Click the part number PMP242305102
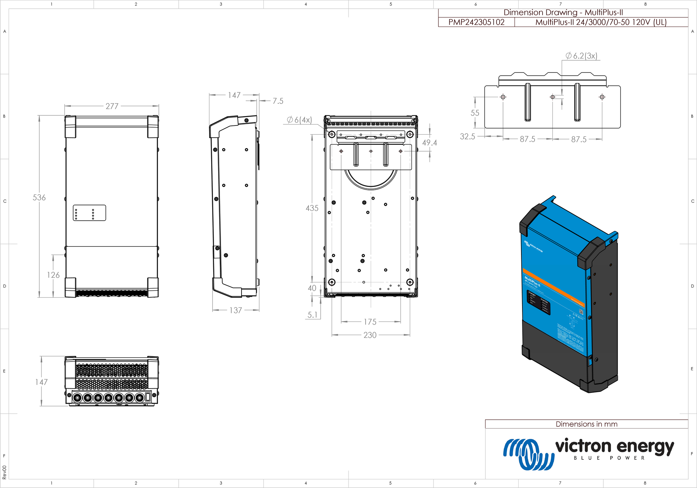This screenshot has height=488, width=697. click(x=476, y=22)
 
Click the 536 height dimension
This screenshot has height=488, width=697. click(x=39, y=198)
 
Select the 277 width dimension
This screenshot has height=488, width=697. click(x=112, y=106)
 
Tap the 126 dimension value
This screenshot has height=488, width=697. click(x=53, y=275)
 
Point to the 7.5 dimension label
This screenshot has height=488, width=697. click(x=278, y=101)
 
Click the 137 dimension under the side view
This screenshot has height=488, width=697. click(x=236, y=310)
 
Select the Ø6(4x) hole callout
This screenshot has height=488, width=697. click(x=299, y=120)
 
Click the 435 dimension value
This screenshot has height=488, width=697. click(x=312, y=208)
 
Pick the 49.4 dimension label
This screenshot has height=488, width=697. click(x=429, y=143)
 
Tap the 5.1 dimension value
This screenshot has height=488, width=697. click(x=312, y=315)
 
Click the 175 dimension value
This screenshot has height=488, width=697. click(x=370, y=322)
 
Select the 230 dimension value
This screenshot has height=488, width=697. click(x=370, y=335)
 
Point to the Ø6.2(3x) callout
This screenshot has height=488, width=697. click(x=581, y=56)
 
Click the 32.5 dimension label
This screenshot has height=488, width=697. click(x=467, y=137)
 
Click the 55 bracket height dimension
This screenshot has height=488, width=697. click(x=475, y=113)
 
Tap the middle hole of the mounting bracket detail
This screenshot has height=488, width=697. click(x=552, y=97)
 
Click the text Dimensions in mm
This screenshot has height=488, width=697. click(x=586, y=424)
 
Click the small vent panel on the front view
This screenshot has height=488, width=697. click(x=89, y=213)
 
